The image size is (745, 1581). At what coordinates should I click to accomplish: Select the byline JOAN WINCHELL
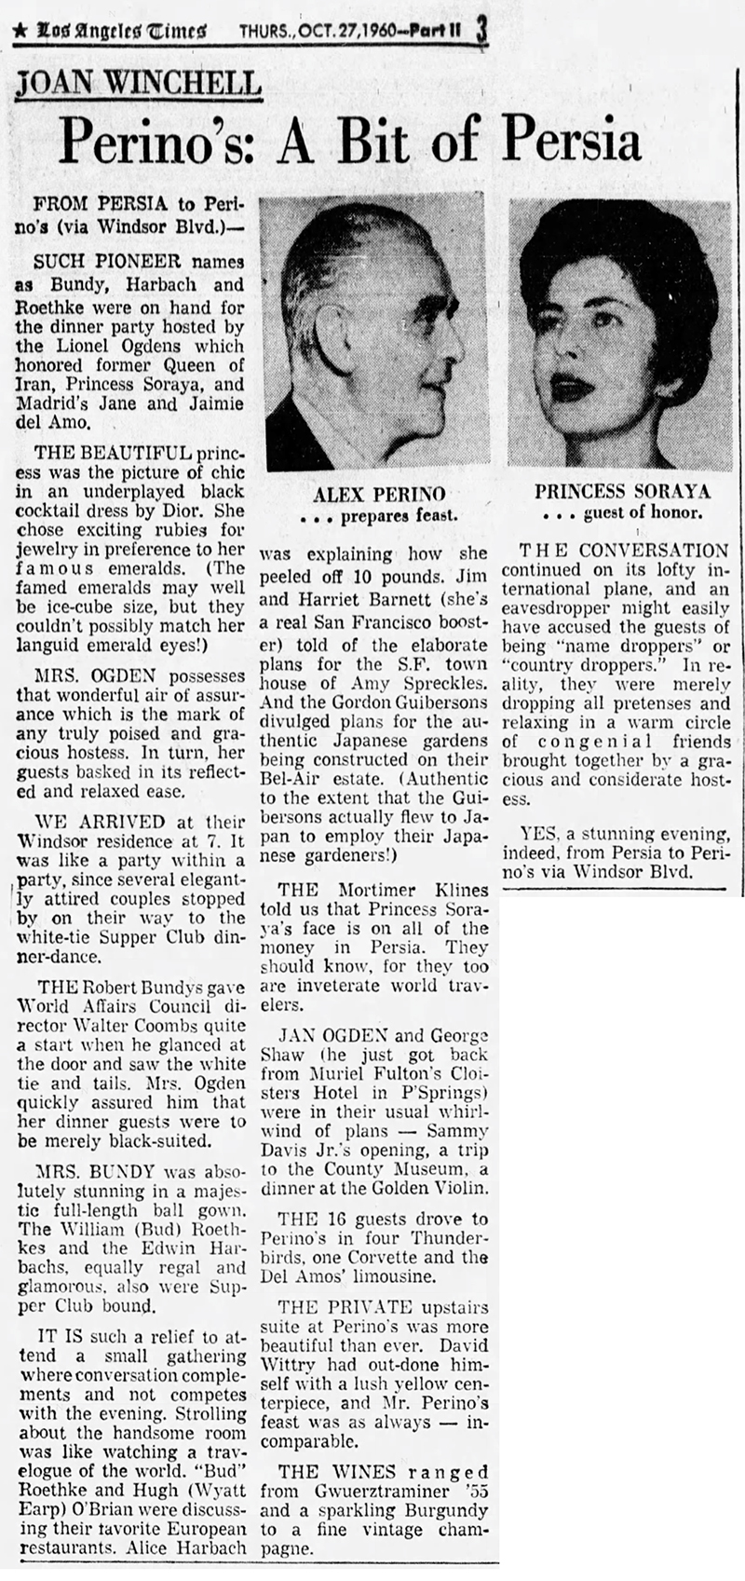[x=138, y=86]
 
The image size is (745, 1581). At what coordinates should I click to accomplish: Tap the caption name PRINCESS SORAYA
[x=622, y=491]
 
